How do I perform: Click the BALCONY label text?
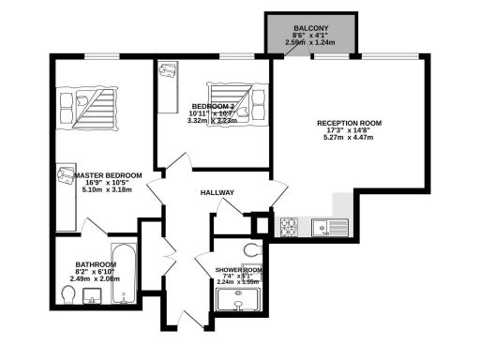(x=310, y=29)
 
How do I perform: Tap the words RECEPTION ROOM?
(x=348, y=123)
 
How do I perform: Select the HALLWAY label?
(x=217, y=192)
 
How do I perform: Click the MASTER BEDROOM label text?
(x=109, y=175)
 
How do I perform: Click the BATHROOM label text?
(x=96, y=264)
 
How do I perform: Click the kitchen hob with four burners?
(x=290, y=226)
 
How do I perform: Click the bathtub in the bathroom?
(x=124, y=276)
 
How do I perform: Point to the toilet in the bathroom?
(x=67, y=295)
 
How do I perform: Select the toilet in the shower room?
(x=250, y=249)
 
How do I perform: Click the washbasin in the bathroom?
(x=92, y=296)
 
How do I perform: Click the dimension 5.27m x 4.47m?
(x=348, y=138)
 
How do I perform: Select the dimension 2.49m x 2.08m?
(x=96, y=278)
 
